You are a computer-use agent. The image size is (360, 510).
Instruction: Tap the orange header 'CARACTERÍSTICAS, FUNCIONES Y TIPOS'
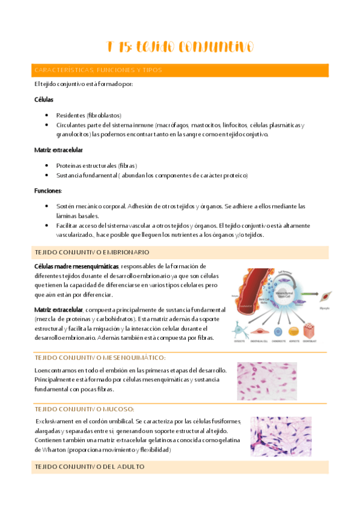[98, 70]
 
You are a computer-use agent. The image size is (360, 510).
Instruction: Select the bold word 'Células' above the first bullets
[44, 99]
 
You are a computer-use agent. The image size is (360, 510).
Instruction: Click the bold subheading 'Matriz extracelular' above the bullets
[58, 150]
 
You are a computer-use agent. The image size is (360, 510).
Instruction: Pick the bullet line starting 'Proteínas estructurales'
[96, 165]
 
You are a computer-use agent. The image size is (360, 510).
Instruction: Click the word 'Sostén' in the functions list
[65, 206]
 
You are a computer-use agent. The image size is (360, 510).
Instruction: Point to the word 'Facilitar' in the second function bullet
[67, 226]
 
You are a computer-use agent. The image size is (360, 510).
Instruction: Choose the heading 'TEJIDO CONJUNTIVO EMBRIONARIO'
[92, 252]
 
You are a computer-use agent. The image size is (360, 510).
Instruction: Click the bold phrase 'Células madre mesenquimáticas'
[76, 266]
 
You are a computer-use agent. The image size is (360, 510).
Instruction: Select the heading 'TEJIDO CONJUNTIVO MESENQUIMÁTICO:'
[100, 357]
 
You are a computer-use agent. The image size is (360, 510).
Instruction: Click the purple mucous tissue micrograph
[281, 437]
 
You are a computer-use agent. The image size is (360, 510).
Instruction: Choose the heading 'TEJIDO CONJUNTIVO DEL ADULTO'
[90, 467]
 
